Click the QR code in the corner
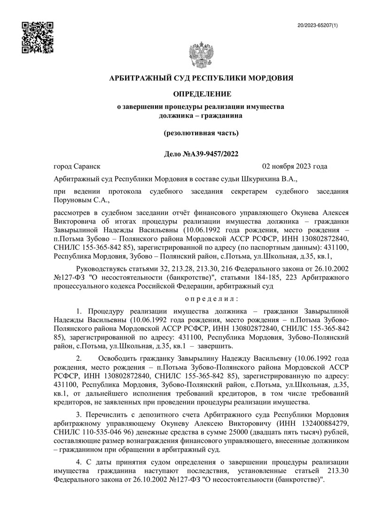pyautogui.click(x=38, y=37)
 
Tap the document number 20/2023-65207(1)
pyautogui.click(x=318, y=24)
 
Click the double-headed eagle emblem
pyautogui.click(x=201, y=56)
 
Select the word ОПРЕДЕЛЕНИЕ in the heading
pyautogui.click(x=201, y=95)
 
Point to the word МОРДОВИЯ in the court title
pyautogui.click(x=268, y=78)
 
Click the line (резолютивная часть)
pyautogui.click(x=201, y=133)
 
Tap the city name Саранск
pyautogui.click(x=86, y=166)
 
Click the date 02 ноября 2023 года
pyautogui.click(x=294, y=166)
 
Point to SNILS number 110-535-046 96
pyautogui.click(x=100, y=432)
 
